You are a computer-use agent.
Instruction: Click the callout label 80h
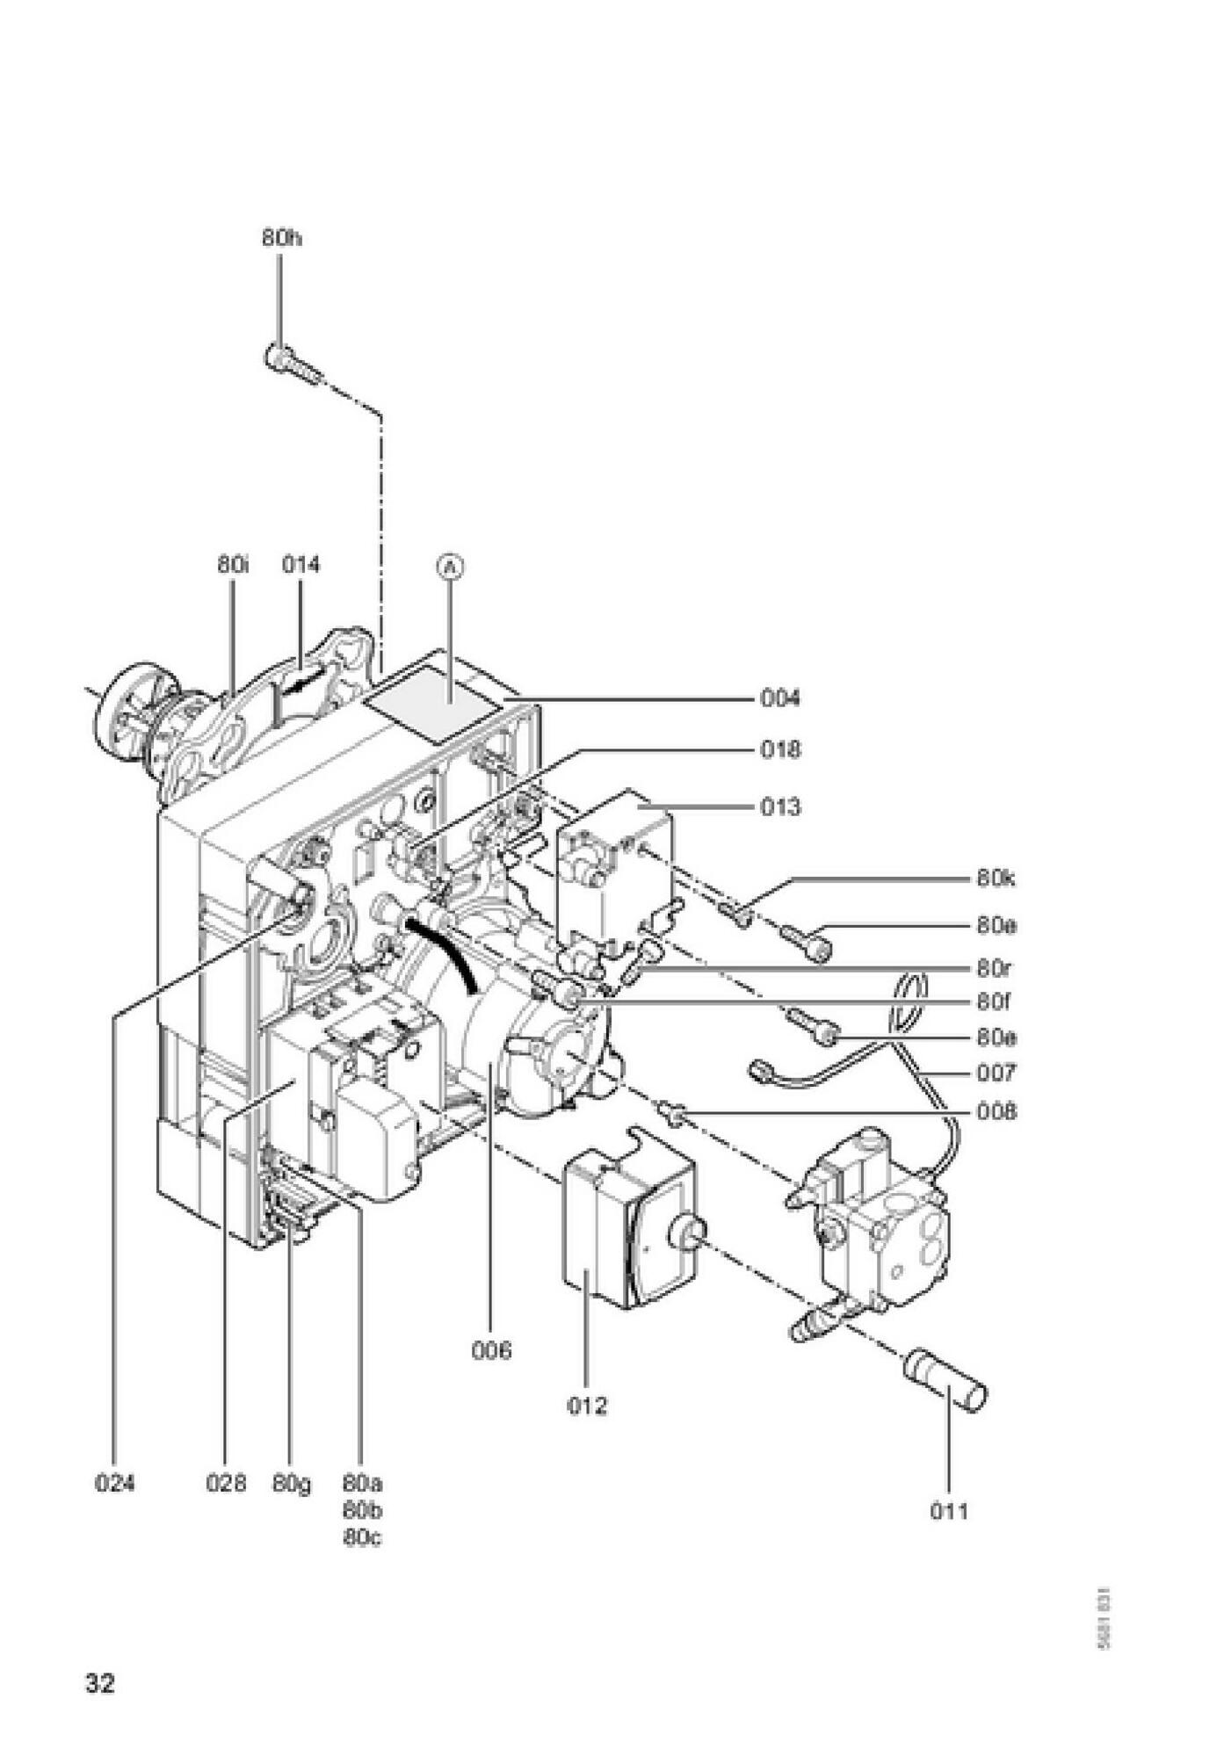point(281,238)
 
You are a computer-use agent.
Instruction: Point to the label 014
point(301,565)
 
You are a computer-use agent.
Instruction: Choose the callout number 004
point(780,698)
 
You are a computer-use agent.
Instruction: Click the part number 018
point(780,749)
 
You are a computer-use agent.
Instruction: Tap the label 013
point(780,806)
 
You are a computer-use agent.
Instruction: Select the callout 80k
point(996,878)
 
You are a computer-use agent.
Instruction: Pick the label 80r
point(995,969)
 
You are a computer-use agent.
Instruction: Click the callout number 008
point(996,1112)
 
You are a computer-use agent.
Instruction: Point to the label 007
point(996,1073)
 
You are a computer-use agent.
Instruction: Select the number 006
point(490,1350)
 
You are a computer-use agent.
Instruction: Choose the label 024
point(115,1484)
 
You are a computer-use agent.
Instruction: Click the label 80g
point(292,1485)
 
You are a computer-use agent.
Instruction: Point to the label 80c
point(362,1538)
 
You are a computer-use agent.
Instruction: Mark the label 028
point(226,1484)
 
